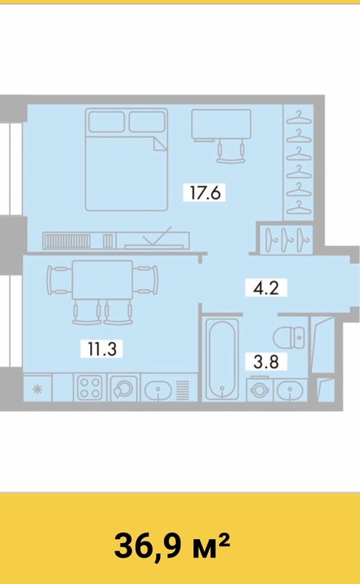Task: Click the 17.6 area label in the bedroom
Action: pos(205,193)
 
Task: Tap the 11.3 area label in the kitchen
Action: pos(102,349)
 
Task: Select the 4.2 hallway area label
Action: pos(266,288)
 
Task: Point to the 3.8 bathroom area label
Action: pos(266,361)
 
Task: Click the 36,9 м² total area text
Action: pos(172,545)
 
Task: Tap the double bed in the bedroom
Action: pos(127,159)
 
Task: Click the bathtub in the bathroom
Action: pos(222,359)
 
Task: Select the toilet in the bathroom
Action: pos(289,338)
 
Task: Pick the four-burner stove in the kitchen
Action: pos(89,388)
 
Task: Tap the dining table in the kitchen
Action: pos(102,280)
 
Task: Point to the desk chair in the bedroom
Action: pos(231,152)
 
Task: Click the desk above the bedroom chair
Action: pos(221,125)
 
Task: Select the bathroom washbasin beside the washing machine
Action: pos(290,390)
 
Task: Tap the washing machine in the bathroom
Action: pos(260,389)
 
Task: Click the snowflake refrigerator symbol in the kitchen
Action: pos(37,390)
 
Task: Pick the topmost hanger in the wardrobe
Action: pos(299,117)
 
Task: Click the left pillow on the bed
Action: pos(106,122)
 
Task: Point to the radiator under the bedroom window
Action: pos(67,241)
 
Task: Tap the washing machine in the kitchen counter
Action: pos(124,388)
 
